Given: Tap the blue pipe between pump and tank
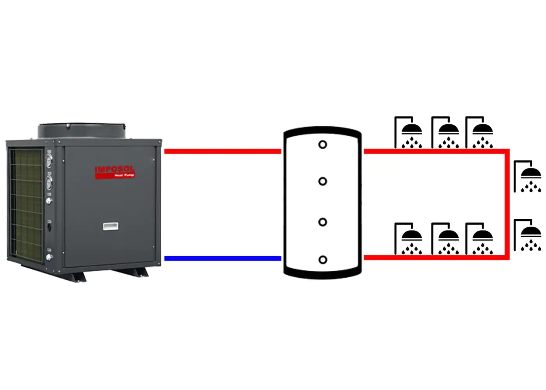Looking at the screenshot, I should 223,258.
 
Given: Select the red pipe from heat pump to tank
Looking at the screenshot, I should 223,151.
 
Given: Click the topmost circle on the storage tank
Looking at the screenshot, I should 323,145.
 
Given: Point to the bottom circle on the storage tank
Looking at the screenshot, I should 323,260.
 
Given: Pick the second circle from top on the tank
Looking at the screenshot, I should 323,181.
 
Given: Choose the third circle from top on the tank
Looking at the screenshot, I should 323,222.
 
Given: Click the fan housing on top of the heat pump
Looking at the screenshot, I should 82,131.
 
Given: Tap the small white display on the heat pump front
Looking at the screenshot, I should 111,226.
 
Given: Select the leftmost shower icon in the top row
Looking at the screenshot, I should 408,133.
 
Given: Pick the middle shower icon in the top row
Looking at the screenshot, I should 445,133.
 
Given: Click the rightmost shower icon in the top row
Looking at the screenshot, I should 479,133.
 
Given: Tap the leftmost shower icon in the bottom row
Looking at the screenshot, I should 408,239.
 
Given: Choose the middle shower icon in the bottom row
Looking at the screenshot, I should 445,239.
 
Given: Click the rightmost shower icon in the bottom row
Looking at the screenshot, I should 479,239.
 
